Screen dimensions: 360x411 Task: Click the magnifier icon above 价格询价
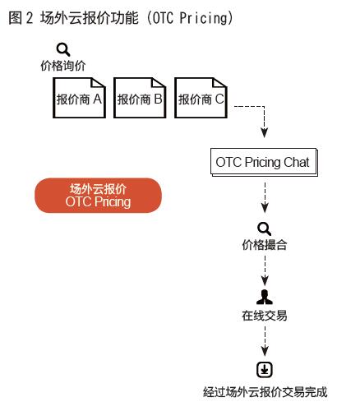point(63,49)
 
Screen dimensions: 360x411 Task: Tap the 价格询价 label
point(63,66)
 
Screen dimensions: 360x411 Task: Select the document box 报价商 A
point(80,98)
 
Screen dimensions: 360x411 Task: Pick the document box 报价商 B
point(140,98)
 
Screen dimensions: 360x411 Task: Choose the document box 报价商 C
point(201,98)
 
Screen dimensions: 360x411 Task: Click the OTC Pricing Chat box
point(264,162)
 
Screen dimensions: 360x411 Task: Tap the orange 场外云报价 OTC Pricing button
point(98,196)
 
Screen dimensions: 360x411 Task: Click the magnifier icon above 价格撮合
point(265,229)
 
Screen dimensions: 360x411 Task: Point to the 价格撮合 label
point(265,245)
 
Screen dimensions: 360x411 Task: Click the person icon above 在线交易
point(265,297)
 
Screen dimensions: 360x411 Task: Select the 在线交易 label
point(265,316)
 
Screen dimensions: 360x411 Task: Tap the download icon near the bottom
point(265,370)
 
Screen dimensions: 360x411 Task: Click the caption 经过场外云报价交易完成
point(265,392)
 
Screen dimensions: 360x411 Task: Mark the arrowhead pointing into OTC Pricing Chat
point(264,133)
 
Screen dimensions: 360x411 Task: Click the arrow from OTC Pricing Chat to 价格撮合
point(265,197)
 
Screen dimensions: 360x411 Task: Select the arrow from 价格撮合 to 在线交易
point(265,270)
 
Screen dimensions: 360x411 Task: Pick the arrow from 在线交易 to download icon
point(265,341)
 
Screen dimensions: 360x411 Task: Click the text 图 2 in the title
point(21,18)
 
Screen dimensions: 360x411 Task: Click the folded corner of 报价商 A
point(98,83)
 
